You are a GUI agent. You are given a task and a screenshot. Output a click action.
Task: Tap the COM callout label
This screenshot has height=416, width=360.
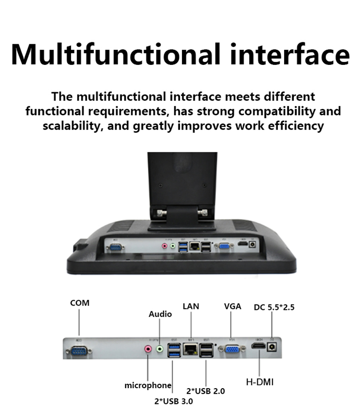[x=80, y=303]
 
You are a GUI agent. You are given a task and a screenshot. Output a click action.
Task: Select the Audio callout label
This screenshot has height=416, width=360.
[x=160, y=314]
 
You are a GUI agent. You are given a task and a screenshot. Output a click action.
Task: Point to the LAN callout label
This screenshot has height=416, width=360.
[x=191, y=306]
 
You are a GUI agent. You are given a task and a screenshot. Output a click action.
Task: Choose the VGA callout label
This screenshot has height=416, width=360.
[x=233, y=306]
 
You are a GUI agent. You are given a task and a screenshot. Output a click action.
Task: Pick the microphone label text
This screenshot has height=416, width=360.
[x=148, y=385]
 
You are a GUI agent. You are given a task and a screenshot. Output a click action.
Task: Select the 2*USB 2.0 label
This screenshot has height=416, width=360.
[x=205, y=391]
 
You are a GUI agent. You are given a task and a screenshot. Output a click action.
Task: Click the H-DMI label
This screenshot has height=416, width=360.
[x=260, y=382]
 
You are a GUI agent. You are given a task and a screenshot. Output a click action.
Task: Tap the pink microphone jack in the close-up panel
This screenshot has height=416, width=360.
[x=148, y=350]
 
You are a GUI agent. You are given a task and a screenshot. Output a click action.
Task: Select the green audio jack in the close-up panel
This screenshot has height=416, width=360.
[x=160, y=349]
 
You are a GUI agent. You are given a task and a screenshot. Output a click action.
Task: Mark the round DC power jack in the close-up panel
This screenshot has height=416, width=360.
[x=273, y=349]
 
